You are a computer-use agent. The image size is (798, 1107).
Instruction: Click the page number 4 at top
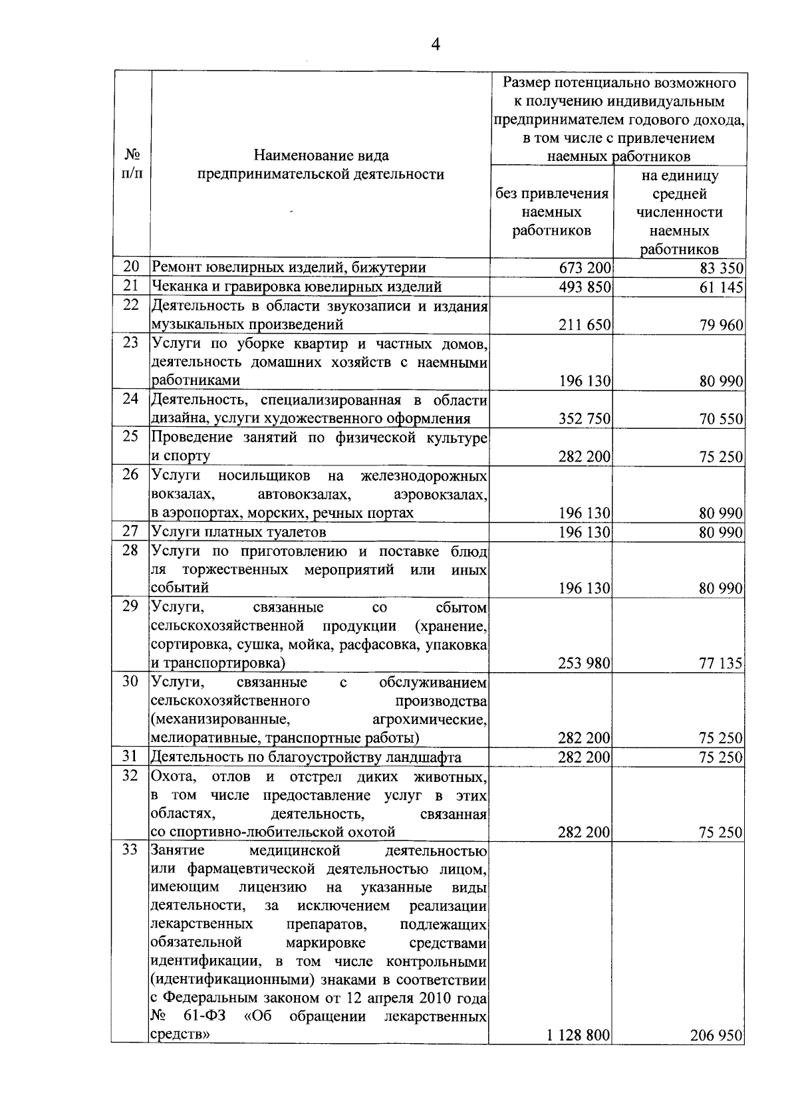[x=436, y=45]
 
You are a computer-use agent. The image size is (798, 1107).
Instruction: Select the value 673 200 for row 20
[x=585, y=268]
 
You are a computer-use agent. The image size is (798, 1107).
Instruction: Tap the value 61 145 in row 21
[x=721, y=287]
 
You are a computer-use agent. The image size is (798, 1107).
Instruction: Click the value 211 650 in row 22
[x=585, y=325]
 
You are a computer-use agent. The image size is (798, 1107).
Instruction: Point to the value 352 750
[x=585, y=419]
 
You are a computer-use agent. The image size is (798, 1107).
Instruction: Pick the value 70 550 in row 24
[x=721, y=419]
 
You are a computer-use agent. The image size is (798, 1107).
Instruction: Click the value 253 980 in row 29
[x=585, y=663]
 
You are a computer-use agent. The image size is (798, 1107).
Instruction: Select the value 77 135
[x=721, y=663]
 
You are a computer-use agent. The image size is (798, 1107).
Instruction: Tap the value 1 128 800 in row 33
[x=579, y=1054]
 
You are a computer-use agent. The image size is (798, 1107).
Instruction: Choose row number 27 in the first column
[x=130, y=531]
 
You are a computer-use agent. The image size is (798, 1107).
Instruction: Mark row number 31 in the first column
[x=130, y=756]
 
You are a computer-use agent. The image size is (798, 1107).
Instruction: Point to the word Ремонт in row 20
[x=176, y=268]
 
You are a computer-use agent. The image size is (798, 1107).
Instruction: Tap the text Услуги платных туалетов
[x=239, y=532]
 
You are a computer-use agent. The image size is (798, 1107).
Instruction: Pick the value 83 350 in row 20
[x=721, y=268]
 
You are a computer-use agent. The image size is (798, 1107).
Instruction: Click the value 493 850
[x=585, y=287]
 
